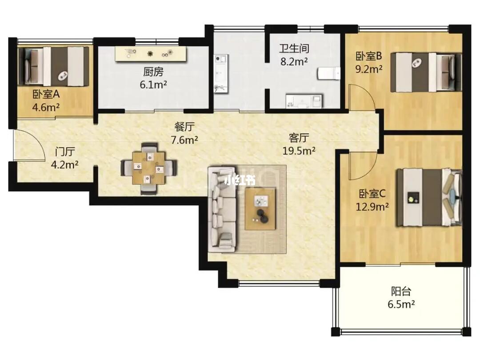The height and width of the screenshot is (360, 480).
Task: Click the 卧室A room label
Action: click(46, 94)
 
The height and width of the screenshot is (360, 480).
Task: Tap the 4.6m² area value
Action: click(46, 108)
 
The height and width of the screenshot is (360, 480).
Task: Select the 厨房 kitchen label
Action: click(153, 72)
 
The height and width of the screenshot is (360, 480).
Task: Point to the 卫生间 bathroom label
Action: click(294, 48)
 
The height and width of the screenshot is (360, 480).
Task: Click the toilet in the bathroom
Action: click(329, 73)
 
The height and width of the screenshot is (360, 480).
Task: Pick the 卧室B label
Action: click(368, 56)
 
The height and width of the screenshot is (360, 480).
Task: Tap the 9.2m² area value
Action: click(368, 69)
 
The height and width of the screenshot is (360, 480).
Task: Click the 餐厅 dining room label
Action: click(184, 126)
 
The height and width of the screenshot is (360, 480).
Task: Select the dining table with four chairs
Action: click(149, 168)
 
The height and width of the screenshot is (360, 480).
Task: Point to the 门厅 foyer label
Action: click(65, 152)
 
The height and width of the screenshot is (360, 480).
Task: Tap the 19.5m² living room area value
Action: click(299, 151)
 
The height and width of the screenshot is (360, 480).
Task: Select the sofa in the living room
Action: click(222, 209)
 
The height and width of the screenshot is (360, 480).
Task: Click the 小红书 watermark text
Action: click(240, 180)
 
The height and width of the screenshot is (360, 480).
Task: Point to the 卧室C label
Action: click(372, 194)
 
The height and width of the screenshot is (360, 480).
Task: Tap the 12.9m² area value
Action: click(372, 207)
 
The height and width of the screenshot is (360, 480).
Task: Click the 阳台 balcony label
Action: click(401, 291)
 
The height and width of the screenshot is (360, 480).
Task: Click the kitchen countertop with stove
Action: click(151, 54)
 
